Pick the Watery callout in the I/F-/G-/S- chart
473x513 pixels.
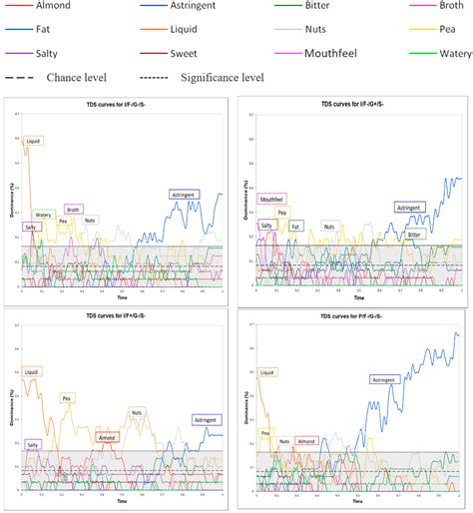[x=44, y=215]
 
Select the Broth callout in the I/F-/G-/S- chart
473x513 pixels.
[x=73, y=210]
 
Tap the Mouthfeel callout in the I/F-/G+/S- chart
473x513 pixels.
[x=272, y=200]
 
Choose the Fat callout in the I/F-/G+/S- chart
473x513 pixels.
[x=296, y=226]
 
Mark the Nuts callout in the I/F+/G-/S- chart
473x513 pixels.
[x=138, y=411]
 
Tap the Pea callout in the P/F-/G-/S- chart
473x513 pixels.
[x=265, y=432]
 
